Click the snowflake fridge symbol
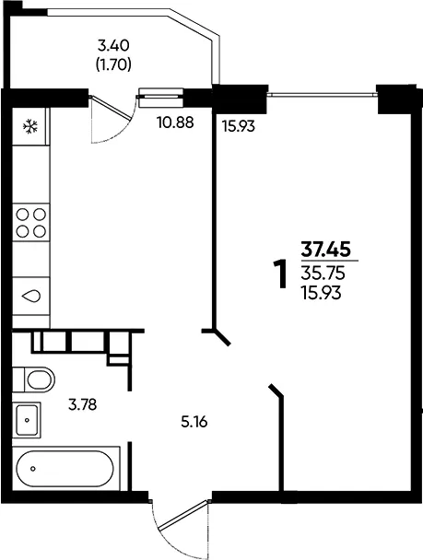point(30,126)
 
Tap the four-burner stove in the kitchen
point(31,223)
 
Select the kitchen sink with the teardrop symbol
point(31,296)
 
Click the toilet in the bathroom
point(34,379)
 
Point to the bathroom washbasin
point(27,420)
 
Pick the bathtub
point(65,469)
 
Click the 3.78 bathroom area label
point(83,405)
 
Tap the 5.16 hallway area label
point(194,423)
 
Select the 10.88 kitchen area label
point(175,122)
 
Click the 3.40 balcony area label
point(113,45)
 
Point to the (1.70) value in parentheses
point(113,64)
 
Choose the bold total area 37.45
point(325,249)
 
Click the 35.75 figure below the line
point(323,274)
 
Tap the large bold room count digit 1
point(281,274)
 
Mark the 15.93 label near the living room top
point(239,126)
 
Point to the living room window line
point(323,95)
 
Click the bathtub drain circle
point(33,468)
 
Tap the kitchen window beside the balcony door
point(160,97)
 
